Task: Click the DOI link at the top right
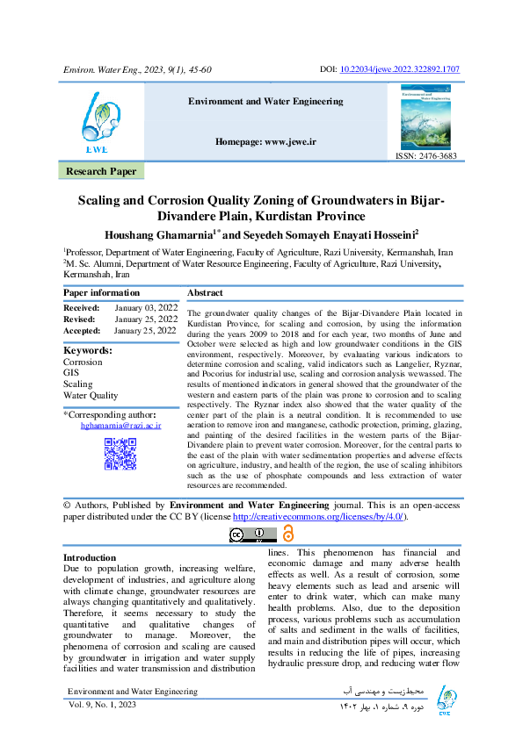coord(410,69)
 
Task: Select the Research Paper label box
coord(102,171)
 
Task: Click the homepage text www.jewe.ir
coord(265,141)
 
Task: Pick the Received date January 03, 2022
coord(146,307)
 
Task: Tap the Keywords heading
coord(88,350)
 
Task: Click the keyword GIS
coord(71,373)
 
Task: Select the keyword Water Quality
coord(91,396)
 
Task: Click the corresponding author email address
coord(121,425)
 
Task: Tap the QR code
coord(120,451)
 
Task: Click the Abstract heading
coord(206,292)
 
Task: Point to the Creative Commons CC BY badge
coord(253,534)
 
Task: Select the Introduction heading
coord(90,557)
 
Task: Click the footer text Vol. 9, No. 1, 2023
coord(103,705)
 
